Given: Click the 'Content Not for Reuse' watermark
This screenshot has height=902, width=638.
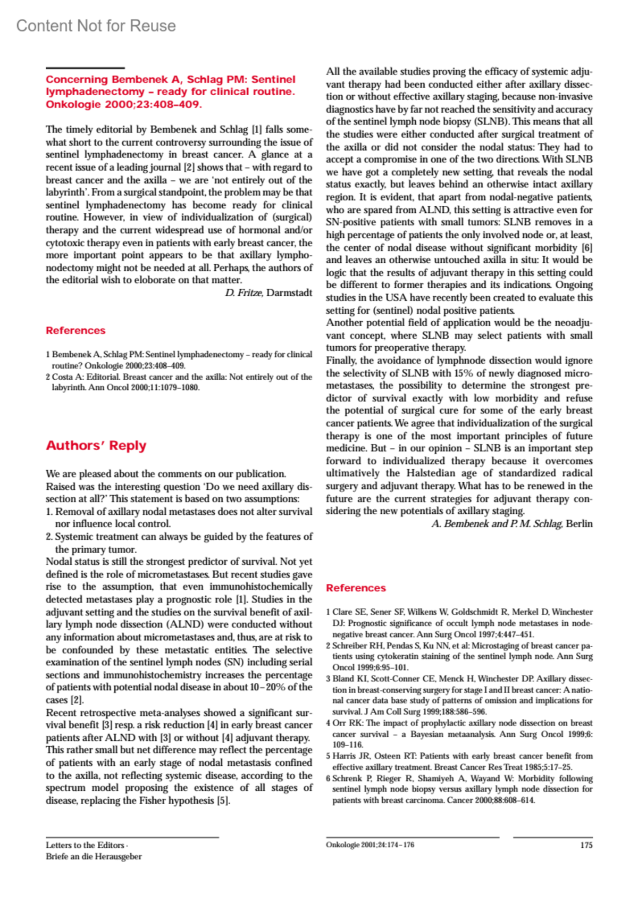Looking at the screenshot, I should (96, 26).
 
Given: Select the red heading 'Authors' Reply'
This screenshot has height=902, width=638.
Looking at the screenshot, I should (96, 446).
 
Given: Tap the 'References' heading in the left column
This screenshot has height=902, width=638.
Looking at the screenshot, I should (75, 330).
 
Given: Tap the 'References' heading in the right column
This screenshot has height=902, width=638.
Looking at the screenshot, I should (356, 588).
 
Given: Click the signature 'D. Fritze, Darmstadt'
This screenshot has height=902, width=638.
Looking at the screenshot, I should (268, 293).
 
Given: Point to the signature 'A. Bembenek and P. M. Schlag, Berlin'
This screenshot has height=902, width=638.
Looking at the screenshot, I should (511, 524).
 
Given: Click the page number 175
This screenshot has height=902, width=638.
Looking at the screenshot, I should (586, 845).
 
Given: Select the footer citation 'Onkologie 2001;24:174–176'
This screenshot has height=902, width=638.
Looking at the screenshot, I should (370, 845).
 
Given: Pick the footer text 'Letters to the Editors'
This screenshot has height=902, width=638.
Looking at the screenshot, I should (85, 845).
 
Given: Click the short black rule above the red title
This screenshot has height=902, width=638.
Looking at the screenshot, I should (85, 68).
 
